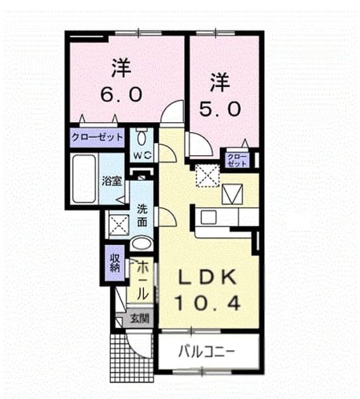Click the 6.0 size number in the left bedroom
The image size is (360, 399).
[x=121, y=94]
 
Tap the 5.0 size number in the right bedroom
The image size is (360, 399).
[x=220, y=109]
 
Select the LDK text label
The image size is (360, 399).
[x=207, y=277]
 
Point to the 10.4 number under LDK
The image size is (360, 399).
[x=208, y=303]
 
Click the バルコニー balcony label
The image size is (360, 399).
[x=206, y=352]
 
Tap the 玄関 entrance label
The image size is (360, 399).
[x=140, y=318]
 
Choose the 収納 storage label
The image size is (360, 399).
[x=115, y=263]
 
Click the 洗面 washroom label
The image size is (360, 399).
[x=143, y=215]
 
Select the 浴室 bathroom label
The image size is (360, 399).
[x=112, y=181]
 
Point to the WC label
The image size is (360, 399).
[x=143, y=155]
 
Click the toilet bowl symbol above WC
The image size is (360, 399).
[x=142, y=137]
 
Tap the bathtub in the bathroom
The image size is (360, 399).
[x=84, y=179]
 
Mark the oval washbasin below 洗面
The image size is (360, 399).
[x=142, y=244]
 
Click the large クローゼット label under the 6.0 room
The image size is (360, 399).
[x=97, y=137]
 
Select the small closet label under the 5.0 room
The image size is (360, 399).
[x=237, y=160]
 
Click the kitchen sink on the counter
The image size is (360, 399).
[x=209, y=218]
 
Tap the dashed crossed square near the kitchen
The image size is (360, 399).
[x=207, y=175]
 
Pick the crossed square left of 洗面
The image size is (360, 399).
[x=119, y=225]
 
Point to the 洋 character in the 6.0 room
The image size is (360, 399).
[x=121, y=68]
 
